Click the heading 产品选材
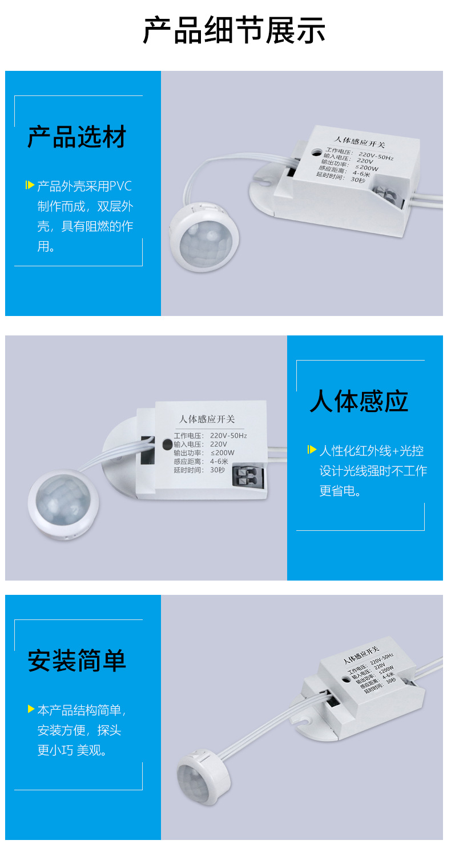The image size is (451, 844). click(x=77, y=137)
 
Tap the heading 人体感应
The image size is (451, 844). click(x=359, y=401)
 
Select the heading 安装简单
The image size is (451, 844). click(x=77, y=660)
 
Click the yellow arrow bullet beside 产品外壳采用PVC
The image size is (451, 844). click(x=30, y=185)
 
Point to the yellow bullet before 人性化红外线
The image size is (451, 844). click(x=312, y=450)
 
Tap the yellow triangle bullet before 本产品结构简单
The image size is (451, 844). click(x=31, y=709)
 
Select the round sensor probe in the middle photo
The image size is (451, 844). click(x=63, y=503)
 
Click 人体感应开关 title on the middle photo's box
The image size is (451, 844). click(x=207, y=419)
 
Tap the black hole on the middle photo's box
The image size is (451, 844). click(x=167, y=443)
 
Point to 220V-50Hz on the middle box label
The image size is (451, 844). click(x=228, y=436)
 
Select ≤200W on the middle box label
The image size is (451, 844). click(x=222, y=453)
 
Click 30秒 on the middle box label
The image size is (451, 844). click(x=218, y=470)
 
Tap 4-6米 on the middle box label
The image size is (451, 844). click(x=219, y=462)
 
